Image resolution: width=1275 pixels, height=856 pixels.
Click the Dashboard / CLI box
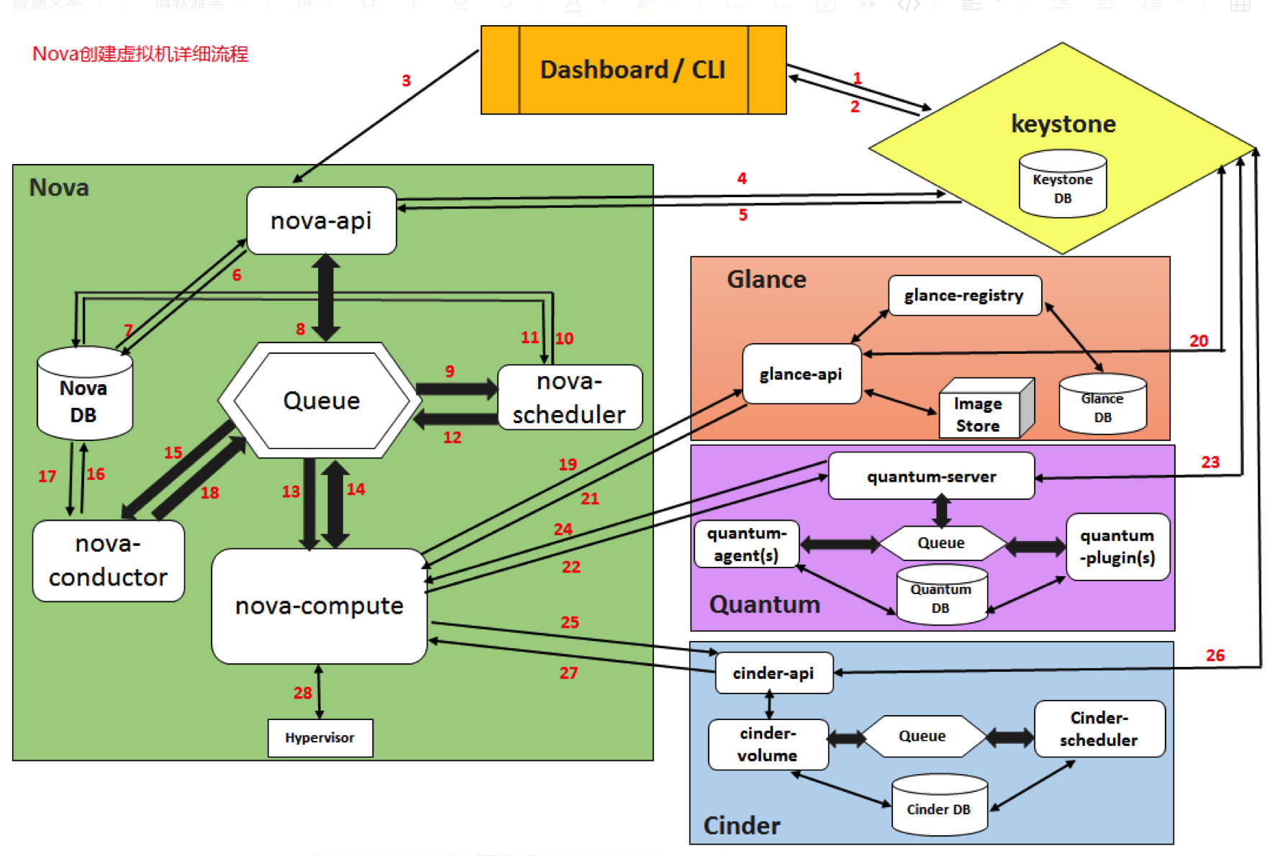pos(633,70)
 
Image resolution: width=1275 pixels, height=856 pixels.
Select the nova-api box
pos(321,220)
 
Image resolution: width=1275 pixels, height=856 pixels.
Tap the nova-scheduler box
pos(569,397)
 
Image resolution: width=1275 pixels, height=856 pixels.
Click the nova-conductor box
pos(108,560)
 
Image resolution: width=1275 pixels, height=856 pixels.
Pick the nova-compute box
pos(319,606)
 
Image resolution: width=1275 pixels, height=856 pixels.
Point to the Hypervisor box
pos(320,737)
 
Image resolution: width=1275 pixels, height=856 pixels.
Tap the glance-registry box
pos(964,295)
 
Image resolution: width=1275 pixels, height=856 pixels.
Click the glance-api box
pos(801,374)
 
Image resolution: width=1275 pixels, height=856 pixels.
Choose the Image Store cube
pos(981,411)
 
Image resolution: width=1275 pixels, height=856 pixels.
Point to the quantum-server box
pos(931,476)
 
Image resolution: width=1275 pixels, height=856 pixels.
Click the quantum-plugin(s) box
pos(1117,547)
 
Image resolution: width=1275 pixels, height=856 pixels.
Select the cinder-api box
pos(773,673)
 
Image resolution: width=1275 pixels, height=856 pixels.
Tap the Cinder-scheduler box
pos(1099,729)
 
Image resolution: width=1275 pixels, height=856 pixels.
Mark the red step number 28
pos(302,693)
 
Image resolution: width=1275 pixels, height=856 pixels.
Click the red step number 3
pos(406,81)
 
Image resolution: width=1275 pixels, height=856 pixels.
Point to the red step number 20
pos(1199,341)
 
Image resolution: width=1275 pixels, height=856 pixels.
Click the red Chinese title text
pos(140,54)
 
